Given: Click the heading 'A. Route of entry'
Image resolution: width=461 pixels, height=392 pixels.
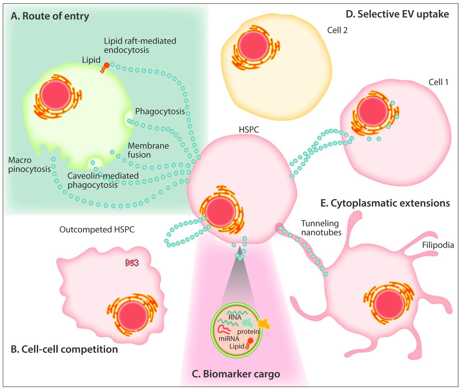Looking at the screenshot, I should [x=50, y=16].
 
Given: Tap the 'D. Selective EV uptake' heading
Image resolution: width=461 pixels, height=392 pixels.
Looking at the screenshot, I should [x=397, y=14].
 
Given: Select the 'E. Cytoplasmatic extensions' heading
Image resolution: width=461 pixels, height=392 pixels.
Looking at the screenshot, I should [x=385, y=203].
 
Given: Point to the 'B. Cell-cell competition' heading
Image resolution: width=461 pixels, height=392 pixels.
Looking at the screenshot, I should [x=64, y=349].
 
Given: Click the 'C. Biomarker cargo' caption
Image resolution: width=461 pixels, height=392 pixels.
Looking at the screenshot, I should [x=236, y=374].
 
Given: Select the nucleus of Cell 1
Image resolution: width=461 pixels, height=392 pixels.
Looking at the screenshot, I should [x=372, y=111].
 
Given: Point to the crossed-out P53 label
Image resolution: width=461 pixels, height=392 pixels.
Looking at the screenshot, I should [x=132, y=263].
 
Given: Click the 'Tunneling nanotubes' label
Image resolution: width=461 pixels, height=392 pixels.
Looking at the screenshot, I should [x=321, y=228].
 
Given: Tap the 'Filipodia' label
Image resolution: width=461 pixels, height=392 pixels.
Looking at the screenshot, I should [x=438, y=245].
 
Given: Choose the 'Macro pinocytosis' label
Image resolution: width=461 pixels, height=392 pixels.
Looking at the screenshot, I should [x=29, y=165].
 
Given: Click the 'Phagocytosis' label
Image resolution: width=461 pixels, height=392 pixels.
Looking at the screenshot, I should [x=160, y=112].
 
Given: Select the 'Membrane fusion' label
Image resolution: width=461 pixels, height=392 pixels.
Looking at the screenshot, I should [x=148, y=150].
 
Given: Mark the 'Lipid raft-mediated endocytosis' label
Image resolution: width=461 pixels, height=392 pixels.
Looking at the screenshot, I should [x=140, y=45].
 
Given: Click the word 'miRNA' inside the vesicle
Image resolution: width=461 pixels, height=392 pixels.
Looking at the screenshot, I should [x=228, y=338].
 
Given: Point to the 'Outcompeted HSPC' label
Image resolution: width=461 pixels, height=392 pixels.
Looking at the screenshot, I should [x=97, y=229].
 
